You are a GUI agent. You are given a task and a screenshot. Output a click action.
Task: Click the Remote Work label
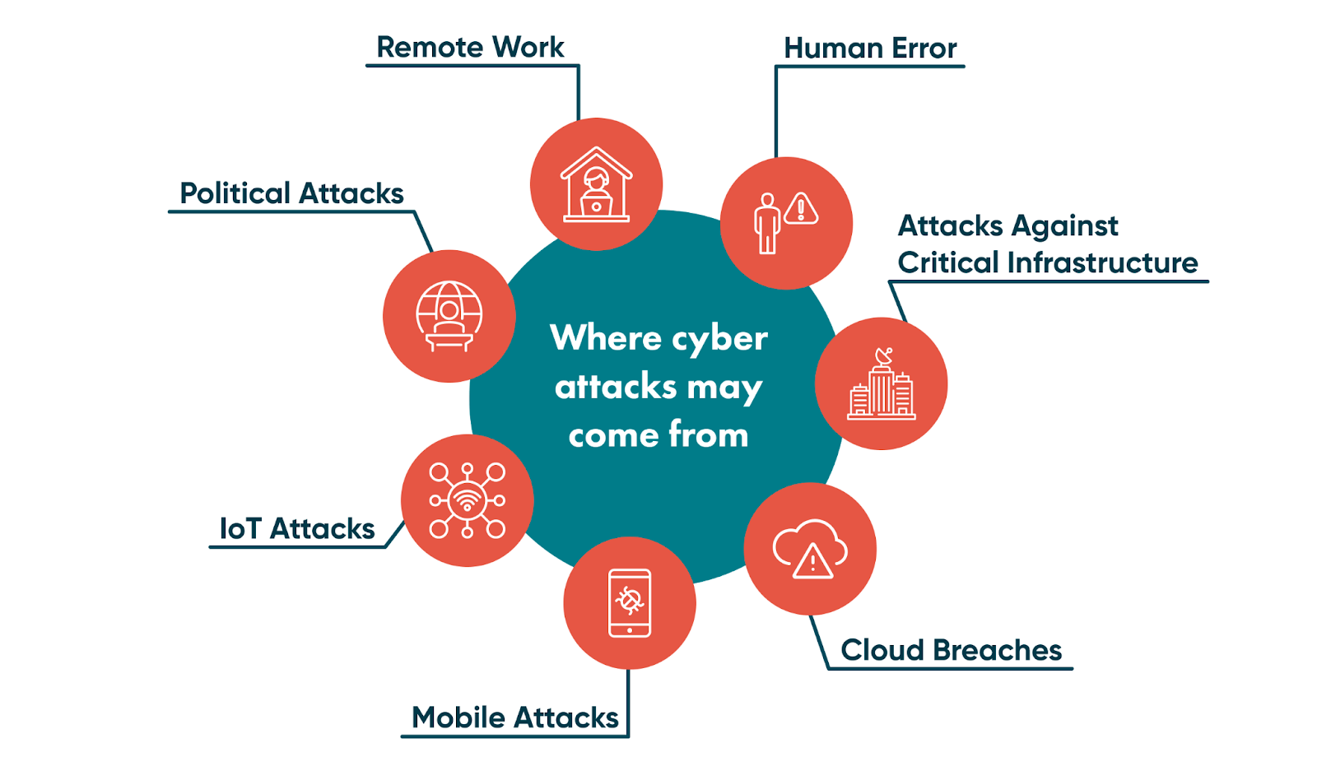tap(470, 48)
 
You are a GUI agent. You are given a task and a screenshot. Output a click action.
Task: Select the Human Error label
tap(870, 49)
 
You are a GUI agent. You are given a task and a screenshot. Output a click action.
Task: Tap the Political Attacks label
tap(291, 193)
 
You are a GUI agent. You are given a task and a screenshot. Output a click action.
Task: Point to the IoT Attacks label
tap(296, 528)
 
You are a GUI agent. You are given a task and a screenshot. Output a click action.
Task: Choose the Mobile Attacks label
tap(514, 718)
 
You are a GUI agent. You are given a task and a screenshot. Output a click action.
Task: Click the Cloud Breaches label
tap(951, 650)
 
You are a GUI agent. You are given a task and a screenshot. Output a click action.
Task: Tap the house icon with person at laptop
tap(596, 185)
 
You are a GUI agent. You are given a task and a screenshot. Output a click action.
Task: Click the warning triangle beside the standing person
tap(801, 209)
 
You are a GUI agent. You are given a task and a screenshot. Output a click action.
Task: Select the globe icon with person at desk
tap(449, 316)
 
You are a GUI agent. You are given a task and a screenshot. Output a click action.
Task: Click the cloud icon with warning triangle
tap(810, 549)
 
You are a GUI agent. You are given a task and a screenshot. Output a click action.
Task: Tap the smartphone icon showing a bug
tap(630, 602)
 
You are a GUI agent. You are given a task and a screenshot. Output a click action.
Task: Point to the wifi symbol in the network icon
tap(468, 500)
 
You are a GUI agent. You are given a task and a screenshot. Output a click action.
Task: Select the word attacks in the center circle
tap(616, 387)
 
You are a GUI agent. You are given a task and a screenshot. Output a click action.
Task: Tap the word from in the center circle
tap(708, 434)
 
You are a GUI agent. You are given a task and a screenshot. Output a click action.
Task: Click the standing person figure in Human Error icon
tap(767, 223)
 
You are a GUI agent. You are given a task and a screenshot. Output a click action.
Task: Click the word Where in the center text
tap(606, 338)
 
